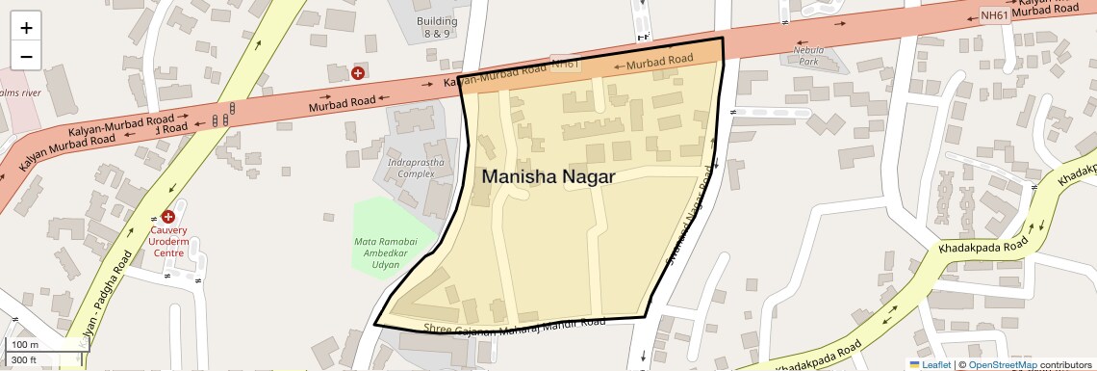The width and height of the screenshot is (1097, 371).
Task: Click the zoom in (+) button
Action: pos(26,28)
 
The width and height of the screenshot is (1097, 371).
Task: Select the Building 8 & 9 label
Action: pos(437,27)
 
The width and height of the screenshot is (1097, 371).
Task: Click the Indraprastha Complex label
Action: pos(409,168)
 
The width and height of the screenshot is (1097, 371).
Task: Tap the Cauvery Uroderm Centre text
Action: pos(167,242)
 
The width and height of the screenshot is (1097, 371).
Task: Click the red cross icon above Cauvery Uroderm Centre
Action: pos(168,217)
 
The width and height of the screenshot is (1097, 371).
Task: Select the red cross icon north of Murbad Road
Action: pos(358,72)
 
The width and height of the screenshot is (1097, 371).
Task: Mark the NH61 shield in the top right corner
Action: pos(994,14)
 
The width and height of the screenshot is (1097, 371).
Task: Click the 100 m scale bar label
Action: pos(24,345)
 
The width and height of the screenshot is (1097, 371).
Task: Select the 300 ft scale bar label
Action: pos(24,361)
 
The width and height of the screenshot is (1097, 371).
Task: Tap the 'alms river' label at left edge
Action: pos(19,93)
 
